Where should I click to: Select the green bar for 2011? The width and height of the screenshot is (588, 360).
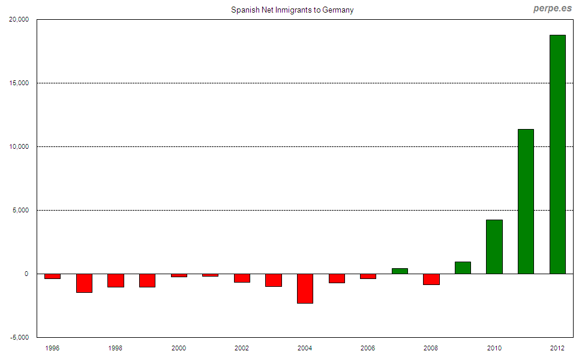pos(526,202)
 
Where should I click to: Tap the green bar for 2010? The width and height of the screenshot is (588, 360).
pos(494,247)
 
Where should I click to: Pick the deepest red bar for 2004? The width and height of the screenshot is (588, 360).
pos(305,289)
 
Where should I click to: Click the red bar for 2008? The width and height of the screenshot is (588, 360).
pos(431,279)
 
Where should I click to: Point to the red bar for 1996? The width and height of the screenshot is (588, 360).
pos(52,276)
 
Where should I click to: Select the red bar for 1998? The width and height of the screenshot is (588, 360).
pos(115,280)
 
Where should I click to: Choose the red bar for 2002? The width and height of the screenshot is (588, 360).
pos(242,278)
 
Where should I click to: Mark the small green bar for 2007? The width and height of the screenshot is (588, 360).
pos(400,271)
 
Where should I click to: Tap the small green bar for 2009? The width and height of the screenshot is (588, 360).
pos(463,268)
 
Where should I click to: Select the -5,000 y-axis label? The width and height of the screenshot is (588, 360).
pos(18,337)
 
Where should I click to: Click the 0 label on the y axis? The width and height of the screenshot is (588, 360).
pos(26,274)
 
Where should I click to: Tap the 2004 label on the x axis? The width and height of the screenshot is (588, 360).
pos(305,348)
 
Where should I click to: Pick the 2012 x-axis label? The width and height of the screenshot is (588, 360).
pos(557,348)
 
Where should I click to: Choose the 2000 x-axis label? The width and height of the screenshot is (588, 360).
pos(179,348)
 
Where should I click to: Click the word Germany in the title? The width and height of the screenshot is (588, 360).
pos(338,10)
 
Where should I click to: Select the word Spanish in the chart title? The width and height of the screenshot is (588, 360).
pos(244,10)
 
